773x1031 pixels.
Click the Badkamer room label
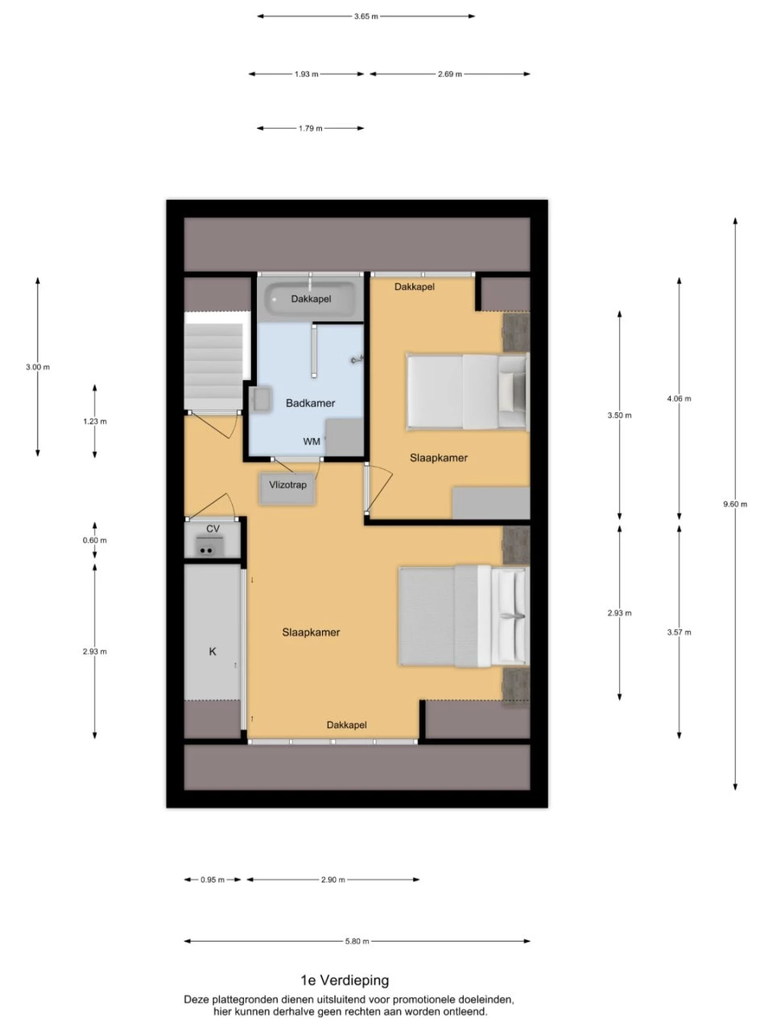pos(310,403)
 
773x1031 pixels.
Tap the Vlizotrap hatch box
pos(287,488)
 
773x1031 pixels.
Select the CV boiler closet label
pos(213,529)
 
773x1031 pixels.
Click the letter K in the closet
pos(213,652)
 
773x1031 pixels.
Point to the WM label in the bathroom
pos(312,441)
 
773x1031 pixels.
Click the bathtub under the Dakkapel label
pos(310,299)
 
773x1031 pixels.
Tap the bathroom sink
pos(261,400)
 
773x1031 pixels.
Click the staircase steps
pos(213,366)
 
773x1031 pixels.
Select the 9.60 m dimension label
pos(735,504)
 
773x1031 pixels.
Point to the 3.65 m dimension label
pos(366,16)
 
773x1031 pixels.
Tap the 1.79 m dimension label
pos(310,128)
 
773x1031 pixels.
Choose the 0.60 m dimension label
pos(95,540)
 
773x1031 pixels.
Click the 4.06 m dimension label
pos(679,399)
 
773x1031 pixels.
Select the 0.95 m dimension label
pos(213,880)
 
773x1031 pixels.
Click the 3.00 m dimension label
pos(38,367)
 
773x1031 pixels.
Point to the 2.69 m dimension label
pos(449,74)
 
